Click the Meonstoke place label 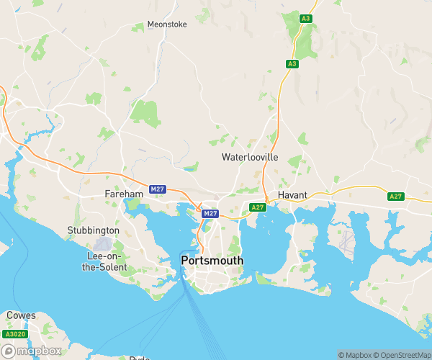tap(167, 24)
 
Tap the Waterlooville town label tap(249, 156)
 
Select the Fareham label tap(120, 194)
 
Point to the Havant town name tap(293, 195)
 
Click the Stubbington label tap(93, 230)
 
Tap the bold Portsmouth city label tap(212, 260)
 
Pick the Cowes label tap(21, 315)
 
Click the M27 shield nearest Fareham tap(158, 189)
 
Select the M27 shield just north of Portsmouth tap(210, 214)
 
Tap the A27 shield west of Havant tap(258, 207)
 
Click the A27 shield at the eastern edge tap(395, 197)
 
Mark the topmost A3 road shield tap(307, 18)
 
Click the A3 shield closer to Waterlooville tap(292, 64)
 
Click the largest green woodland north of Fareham tap(145, 113)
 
